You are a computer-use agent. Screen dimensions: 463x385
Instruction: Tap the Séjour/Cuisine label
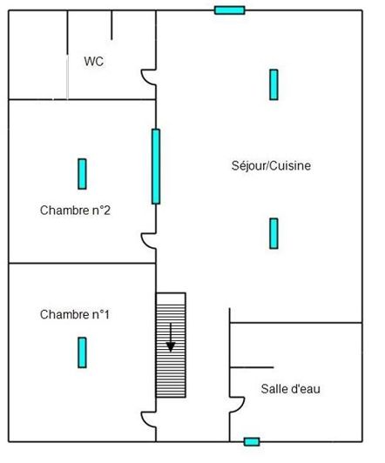tap(272, 165)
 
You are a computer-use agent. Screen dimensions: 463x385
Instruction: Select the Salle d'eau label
tap(290, 389)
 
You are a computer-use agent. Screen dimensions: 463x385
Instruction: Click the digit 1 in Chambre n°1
tap(105, 314)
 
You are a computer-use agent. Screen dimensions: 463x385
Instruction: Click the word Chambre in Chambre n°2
tap(64, 210)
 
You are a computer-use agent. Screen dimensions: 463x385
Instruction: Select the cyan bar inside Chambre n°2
tap(82, 173)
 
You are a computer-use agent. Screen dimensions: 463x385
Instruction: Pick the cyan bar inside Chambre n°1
tap(82, 352)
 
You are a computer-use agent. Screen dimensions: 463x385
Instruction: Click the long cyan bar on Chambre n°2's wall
tap(156, 166)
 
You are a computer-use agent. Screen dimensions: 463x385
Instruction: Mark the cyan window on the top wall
tap(229, 10)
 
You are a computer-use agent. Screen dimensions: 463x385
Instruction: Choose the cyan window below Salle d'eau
tap(252, 441)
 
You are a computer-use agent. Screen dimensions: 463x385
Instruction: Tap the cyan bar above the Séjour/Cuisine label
tap(274, 84)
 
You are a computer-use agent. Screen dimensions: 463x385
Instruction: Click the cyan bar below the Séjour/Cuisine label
tap(274, 232)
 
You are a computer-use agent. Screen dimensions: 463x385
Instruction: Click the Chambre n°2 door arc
tap(150, 240)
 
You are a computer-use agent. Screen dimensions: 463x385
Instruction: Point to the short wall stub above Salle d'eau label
tap(252, 367)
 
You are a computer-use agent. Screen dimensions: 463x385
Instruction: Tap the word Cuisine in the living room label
tap(292, 165)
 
